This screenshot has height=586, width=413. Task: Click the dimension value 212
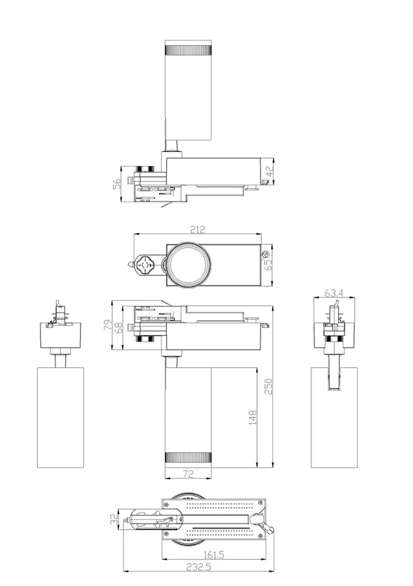click(197, 230)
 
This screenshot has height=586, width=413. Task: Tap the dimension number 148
click(253, 418)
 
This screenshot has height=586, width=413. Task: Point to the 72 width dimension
click(188, 474)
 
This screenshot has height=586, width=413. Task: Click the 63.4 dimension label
click(334, 293)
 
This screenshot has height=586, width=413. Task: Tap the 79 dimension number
click(108, 325)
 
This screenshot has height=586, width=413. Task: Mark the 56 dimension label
click(117, 184)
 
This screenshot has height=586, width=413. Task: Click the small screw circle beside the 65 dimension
click(265, 254)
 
